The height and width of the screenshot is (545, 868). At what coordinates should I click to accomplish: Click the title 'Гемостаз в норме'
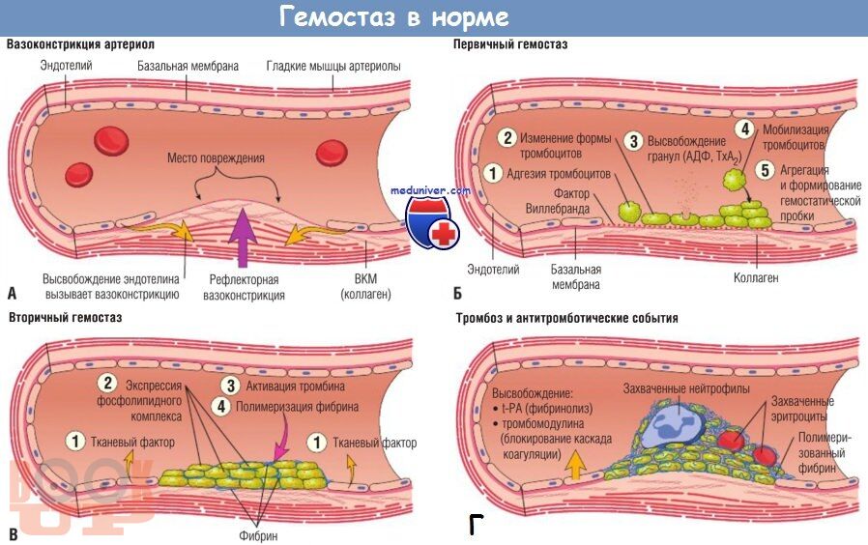point(393,16)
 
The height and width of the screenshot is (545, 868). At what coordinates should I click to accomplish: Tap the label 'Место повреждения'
point(216,158)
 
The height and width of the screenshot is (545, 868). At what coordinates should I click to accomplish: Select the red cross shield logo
point(432,224)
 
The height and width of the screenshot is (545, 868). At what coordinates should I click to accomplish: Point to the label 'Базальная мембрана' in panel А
point(188,67)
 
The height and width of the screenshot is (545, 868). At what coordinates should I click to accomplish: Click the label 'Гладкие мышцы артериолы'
point(333,67)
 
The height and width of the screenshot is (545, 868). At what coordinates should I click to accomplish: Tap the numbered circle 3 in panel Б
point(633,141)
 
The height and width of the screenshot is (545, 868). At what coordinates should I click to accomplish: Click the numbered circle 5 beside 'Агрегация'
point(765,170)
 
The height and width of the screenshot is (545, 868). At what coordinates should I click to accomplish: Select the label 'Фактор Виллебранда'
point(558,201)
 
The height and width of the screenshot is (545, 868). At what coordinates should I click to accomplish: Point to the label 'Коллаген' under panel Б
point(756,277)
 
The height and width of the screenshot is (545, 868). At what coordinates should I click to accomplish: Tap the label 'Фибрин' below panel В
point(258,535)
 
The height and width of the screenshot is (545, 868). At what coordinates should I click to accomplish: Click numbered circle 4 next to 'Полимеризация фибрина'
point(221,407)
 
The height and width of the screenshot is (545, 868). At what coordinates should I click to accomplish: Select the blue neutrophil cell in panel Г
point(678,425)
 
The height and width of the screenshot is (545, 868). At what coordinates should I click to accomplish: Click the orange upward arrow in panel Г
point(576,464)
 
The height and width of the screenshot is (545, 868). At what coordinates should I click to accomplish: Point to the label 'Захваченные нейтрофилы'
point(686,389)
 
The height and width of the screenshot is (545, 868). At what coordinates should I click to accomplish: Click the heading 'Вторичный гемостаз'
point(66,318)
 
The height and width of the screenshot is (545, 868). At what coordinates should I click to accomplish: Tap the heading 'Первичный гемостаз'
point(510,44)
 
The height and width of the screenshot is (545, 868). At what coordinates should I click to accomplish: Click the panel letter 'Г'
point(476,525)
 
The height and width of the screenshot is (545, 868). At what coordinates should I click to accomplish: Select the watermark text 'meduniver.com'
point(430,191)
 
